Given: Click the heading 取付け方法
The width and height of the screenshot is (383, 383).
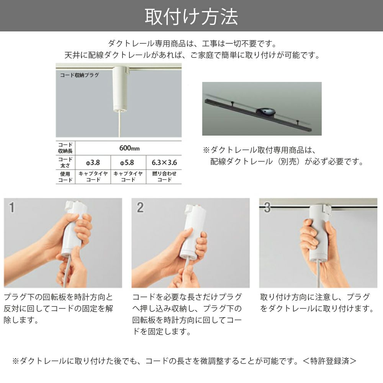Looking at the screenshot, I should click(191, 16).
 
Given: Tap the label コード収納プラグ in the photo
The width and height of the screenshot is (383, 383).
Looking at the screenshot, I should click(79, 75).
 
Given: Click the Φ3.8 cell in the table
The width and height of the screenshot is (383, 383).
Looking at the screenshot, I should click(93, 162).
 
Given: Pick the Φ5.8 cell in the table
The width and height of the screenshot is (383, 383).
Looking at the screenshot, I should click(128, 162).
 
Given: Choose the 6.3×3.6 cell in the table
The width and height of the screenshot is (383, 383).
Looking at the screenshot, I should click(164, 162).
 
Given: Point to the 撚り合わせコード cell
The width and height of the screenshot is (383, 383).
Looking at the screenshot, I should click(164, 176).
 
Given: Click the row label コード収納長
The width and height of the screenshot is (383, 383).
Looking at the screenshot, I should click(65, 147).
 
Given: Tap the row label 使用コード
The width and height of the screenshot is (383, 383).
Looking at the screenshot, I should click(65, 177).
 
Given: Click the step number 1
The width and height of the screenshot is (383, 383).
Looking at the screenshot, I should click(12, 208).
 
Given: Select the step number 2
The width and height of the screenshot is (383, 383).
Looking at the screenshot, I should click(140, 208).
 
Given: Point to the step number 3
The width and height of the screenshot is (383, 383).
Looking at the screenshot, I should click(267, 208).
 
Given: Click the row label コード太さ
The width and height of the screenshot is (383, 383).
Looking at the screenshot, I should click(65, 162).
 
